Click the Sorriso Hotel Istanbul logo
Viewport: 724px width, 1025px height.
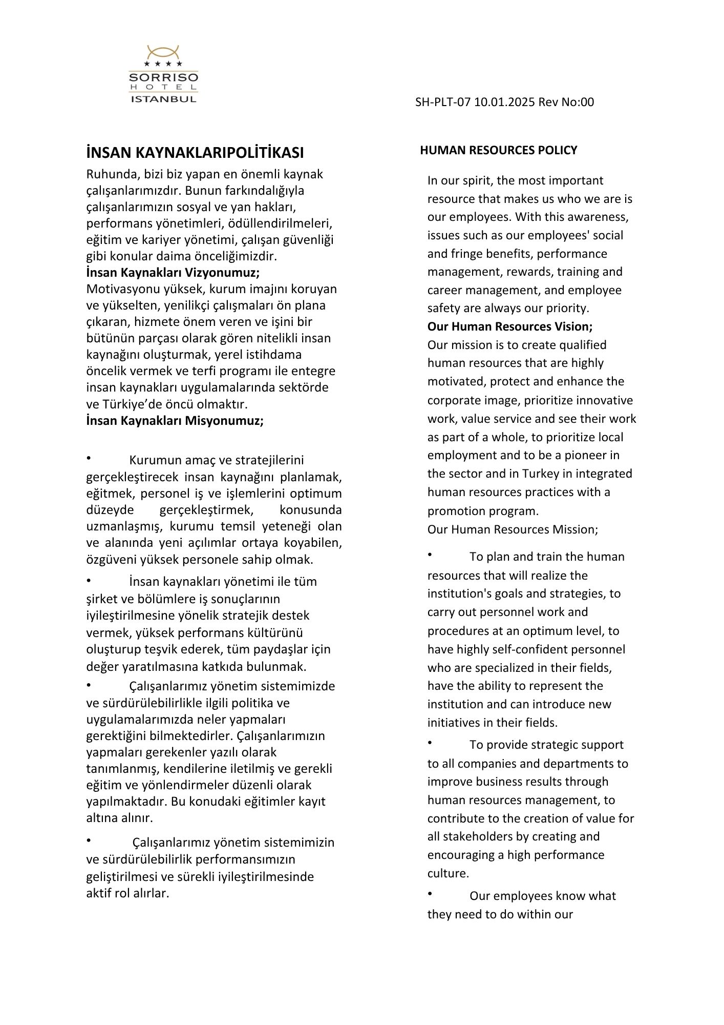[x=163, y=75]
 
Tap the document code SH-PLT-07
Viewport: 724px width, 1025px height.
[x=442, y=102]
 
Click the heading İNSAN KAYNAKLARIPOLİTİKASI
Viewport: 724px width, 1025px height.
[x=195, y=153]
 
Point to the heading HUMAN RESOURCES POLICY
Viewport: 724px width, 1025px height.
[x=498, y=150]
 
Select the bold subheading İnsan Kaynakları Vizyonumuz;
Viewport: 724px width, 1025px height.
[x=173, y=273]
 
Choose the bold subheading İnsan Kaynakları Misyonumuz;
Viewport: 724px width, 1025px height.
[x=175, y=421]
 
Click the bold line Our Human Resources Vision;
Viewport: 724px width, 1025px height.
[x=510, y=326]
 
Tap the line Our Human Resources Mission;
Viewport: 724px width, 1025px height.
[x=513, y=529]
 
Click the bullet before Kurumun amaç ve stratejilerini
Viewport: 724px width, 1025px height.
[x=89, y=458]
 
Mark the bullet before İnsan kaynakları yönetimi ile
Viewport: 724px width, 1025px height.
[x=89, y=580]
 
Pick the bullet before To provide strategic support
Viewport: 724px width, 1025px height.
[x=430, y=743]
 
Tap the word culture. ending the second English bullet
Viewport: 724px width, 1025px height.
[x=448, y=873]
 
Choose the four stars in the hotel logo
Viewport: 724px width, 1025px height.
[x=163, y=64]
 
